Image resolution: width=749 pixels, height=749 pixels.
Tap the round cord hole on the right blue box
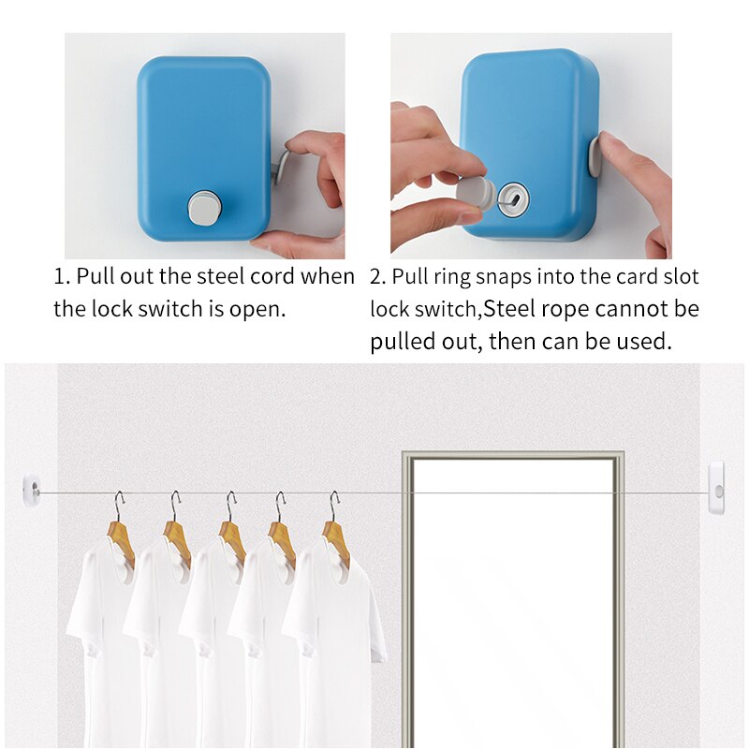(x=514, y=198)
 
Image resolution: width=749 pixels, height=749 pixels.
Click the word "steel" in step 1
(x=217, y=277)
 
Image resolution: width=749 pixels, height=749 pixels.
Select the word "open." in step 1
(x=256, y=309)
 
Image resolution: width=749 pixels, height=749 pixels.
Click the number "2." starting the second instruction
(x=378, y=277)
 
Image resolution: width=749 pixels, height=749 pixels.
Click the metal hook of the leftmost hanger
(x=119, y=506)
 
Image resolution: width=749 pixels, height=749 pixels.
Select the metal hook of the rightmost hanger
(x=334, y=506)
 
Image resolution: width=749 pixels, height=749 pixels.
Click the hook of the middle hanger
(x=230, y=506)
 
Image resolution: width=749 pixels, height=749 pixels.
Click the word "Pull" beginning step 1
(x=95, y=277)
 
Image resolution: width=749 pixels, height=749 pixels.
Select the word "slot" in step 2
(x=679, y=277)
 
